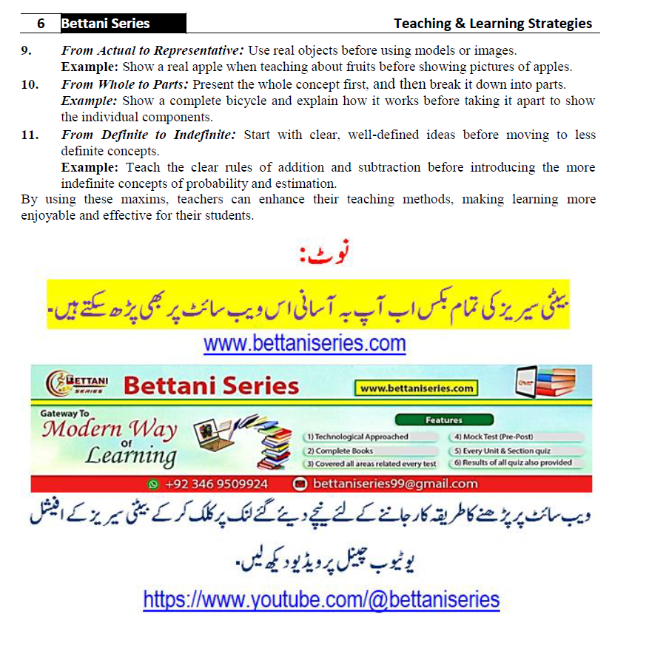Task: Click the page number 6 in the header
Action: [41, 24]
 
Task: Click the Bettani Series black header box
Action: [122, 24]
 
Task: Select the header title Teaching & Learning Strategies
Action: [492, 24]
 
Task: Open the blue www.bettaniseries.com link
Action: [305, 344]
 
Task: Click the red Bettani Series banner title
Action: [211, 385]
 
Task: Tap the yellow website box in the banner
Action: [416, 388]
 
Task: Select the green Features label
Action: [443, 420]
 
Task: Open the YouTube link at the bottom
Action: [321, 599]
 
